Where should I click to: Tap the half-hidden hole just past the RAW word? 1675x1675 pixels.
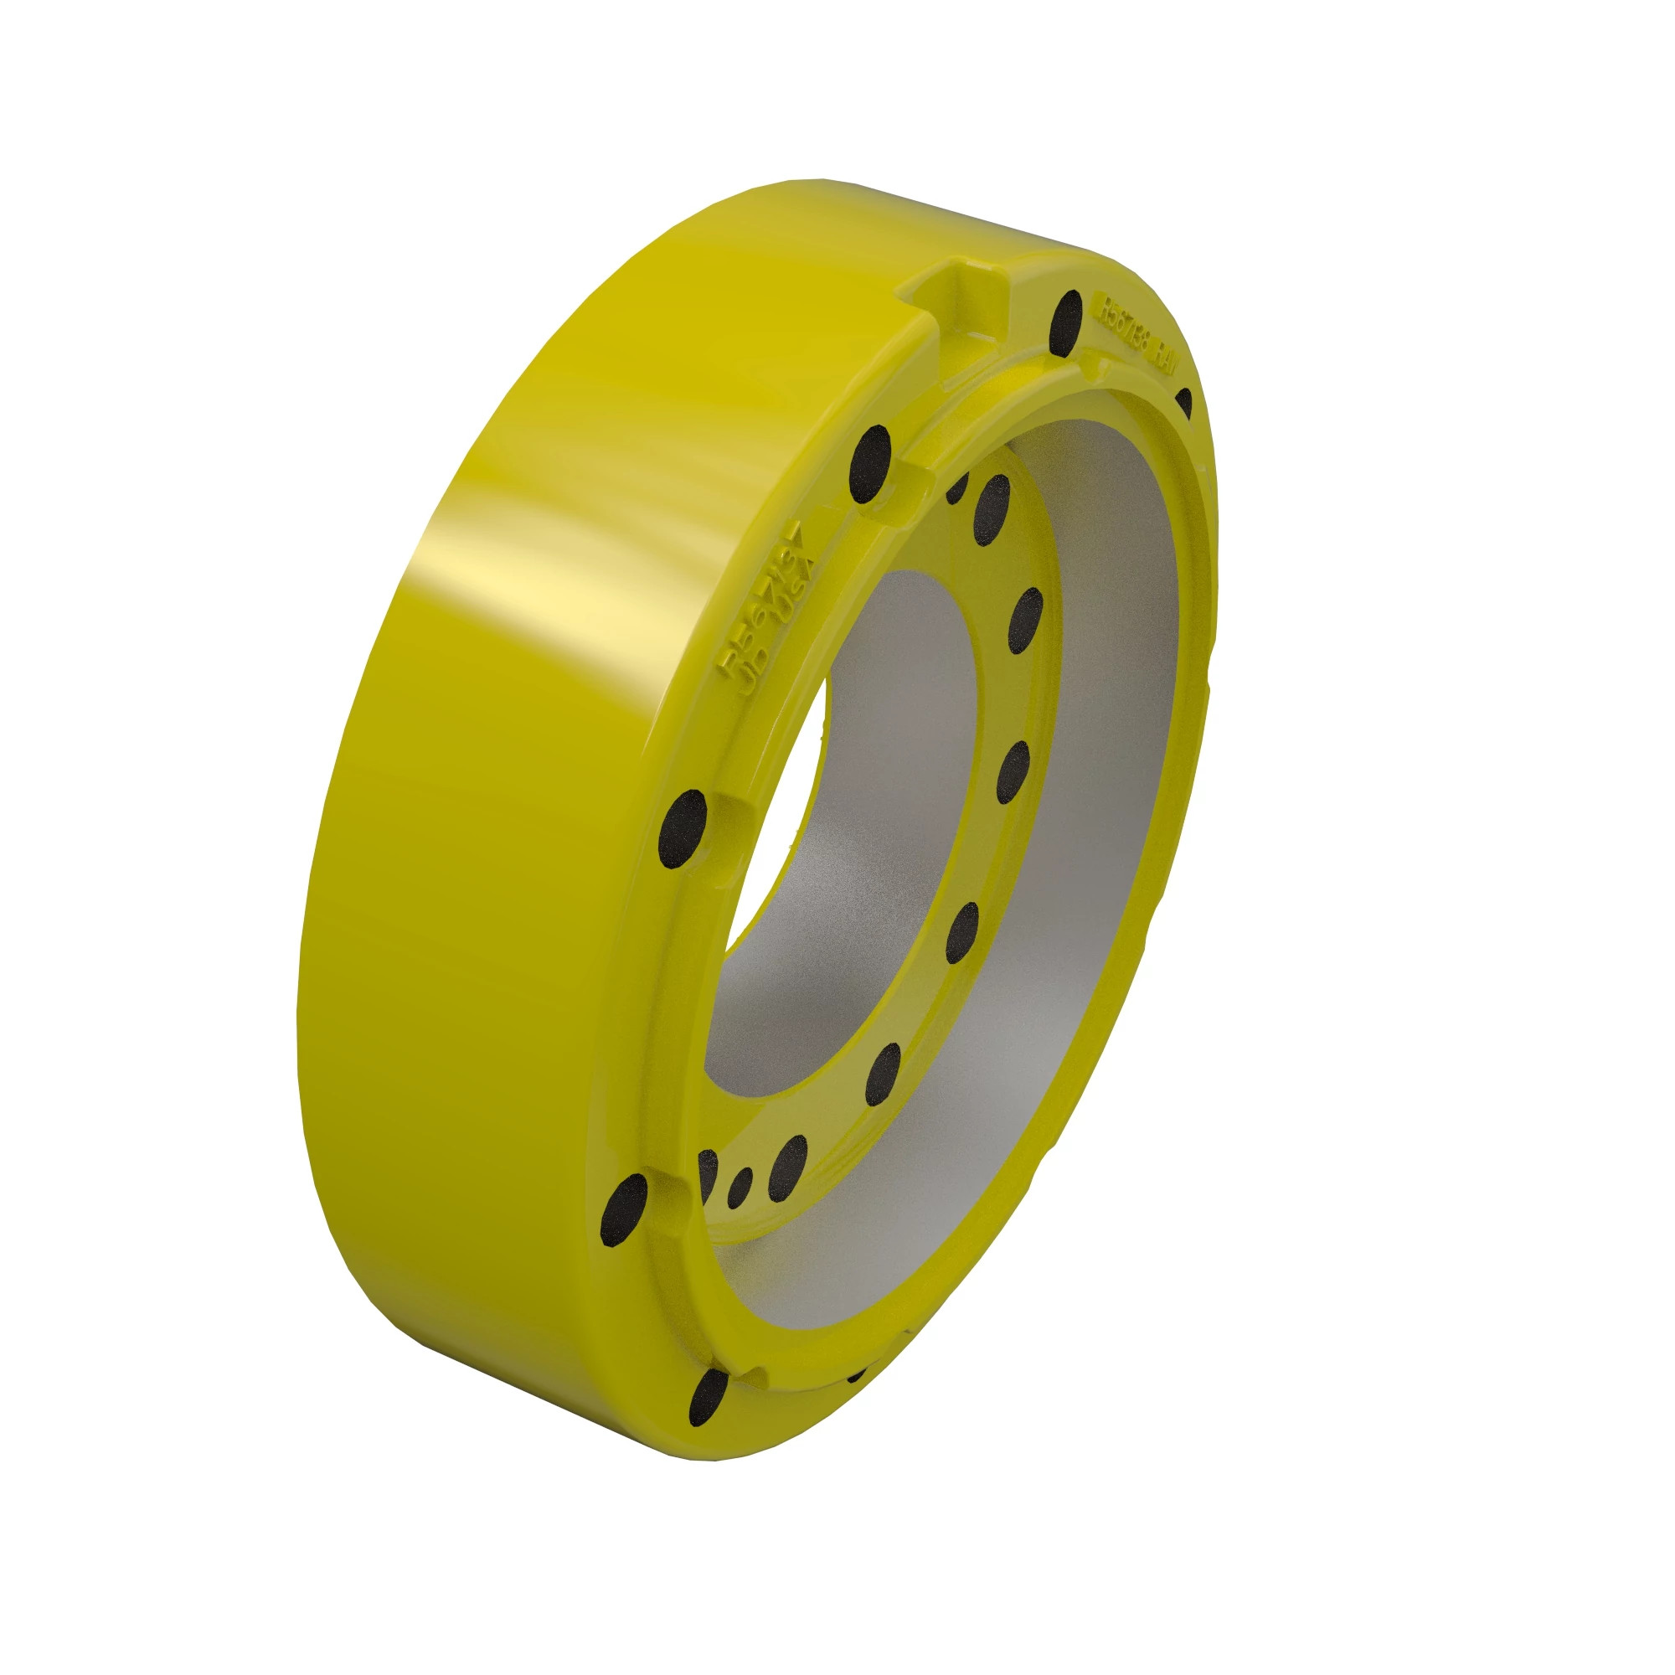(1184, 402)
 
